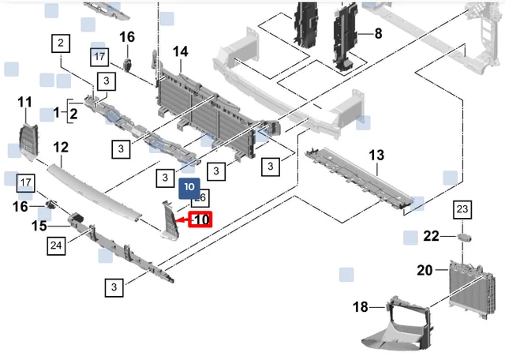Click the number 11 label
point(25,102)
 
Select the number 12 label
point(61,147)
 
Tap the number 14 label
point(181,52)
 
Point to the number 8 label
point(378,34)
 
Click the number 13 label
point(376,155)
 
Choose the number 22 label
point(431,236)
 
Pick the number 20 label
point(425,270)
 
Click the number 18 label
point(361,306)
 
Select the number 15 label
point(39,227)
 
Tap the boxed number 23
point(462,209)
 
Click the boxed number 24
point(56,246)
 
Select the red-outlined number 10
point(201,219)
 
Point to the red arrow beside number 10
point(181,221)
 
